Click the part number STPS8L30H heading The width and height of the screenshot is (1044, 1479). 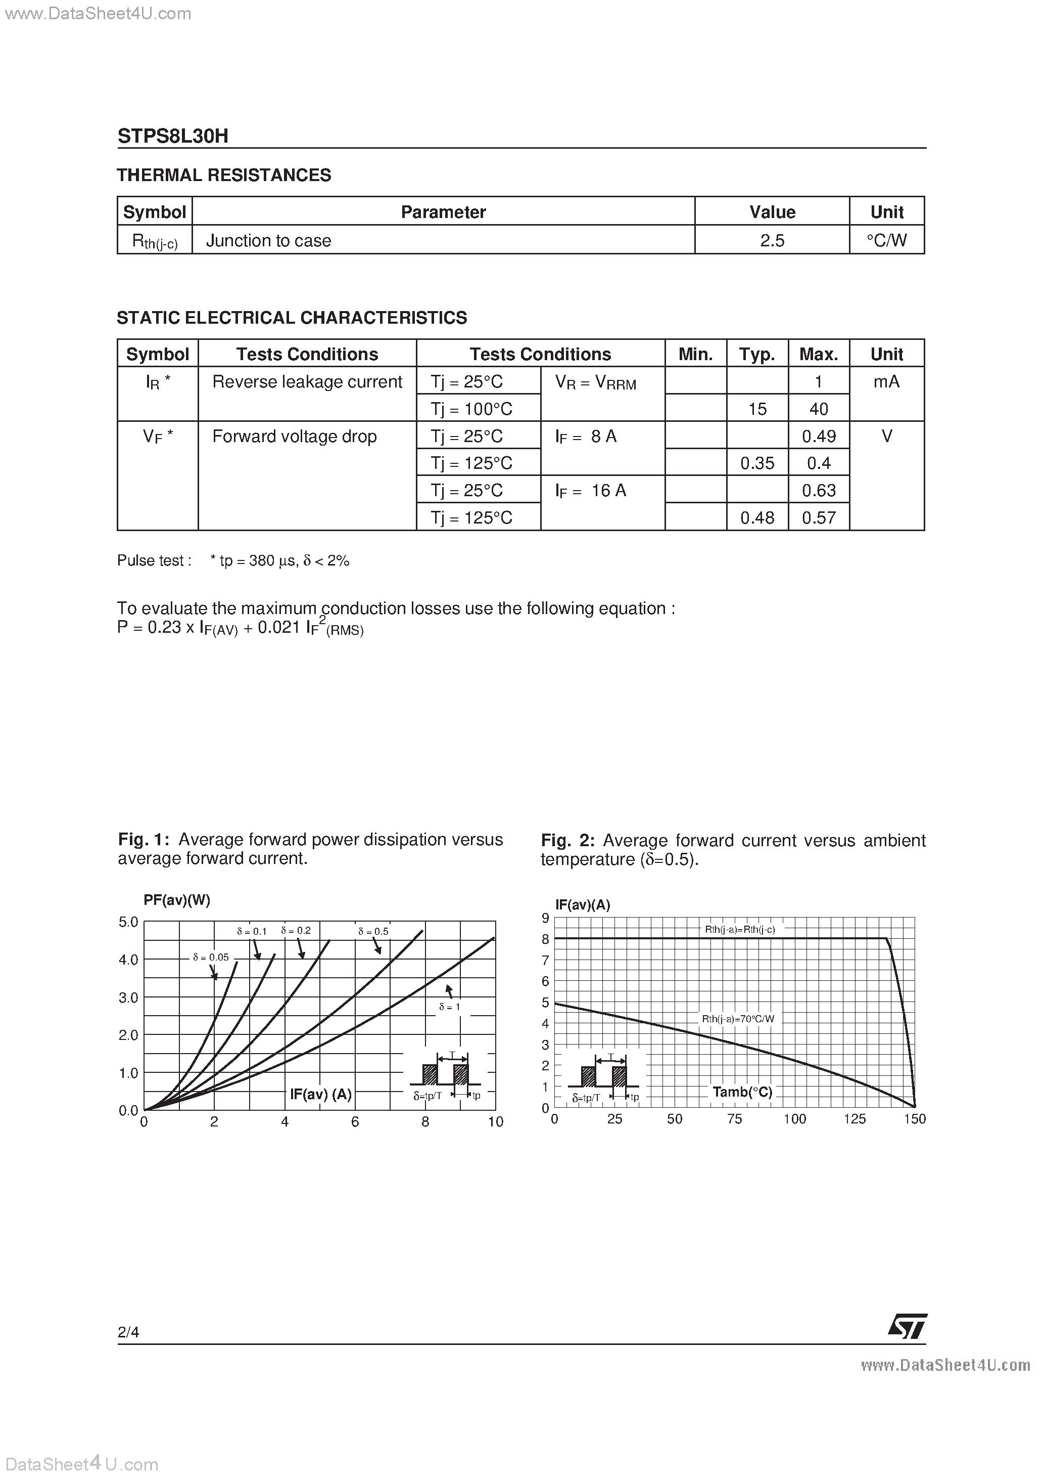pyautogui.click(x=172, y=136)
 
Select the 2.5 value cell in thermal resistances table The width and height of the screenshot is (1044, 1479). pyautogui.click(x=772, y=240)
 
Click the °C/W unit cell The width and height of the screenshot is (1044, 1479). pyautogui.click(x=886, y=240)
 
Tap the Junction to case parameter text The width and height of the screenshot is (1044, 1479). pyautogui.click(x=268, y=240)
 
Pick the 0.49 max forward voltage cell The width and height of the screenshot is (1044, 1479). pyautogui.click(x=819, y=436)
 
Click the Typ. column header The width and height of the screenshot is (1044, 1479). pyautogui.click(x=757, y=354)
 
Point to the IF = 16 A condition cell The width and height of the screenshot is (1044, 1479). pyautogui.click(x=591, y=491)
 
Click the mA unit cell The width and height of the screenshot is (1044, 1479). pyautogui.click(x=886, y=381)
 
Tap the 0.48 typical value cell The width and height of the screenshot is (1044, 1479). pyautogui.click(x=757, y=518)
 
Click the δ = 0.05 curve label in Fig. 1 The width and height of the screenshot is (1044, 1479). pyautogui.click(x=211, y=957)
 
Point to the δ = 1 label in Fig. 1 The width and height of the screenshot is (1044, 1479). pyautogui.click(x=449, y=1006)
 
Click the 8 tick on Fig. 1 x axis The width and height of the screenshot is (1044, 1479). pyautogui.click(x=425, y=1122)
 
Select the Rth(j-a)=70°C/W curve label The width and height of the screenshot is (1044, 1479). pyautogui.click(x=738, y=1019)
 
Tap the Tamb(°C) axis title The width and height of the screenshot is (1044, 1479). pyautogui.click(x=742, y=1092)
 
